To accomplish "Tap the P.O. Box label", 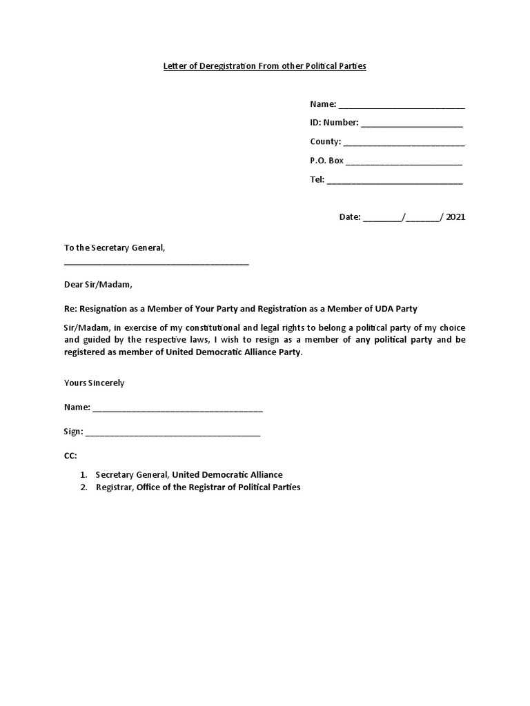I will pyautogui.click(x=326, y=161).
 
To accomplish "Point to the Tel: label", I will pyautogui.click(x=317, y=180).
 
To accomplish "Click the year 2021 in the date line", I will pyautogui.click(x=455, y=217).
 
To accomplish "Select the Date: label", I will pyautogui.click(x=350, y=217).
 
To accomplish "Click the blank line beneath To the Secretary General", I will pyautogui.click(x=156, y=263).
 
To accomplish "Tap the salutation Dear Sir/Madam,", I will pyautogui.click(x=97, y=284).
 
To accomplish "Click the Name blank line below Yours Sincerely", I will pyautogui.click(x=177, y=410).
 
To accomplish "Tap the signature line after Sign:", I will pyautogui.click(x=173, y=434).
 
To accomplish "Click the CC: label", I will pyautogui.click(x=70, y=456).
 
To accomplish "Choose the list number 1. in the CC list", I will pyautogui.click(x=83, y=475).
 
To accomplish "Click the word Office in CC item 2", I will pyautogui.click(x=149, y=487).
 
